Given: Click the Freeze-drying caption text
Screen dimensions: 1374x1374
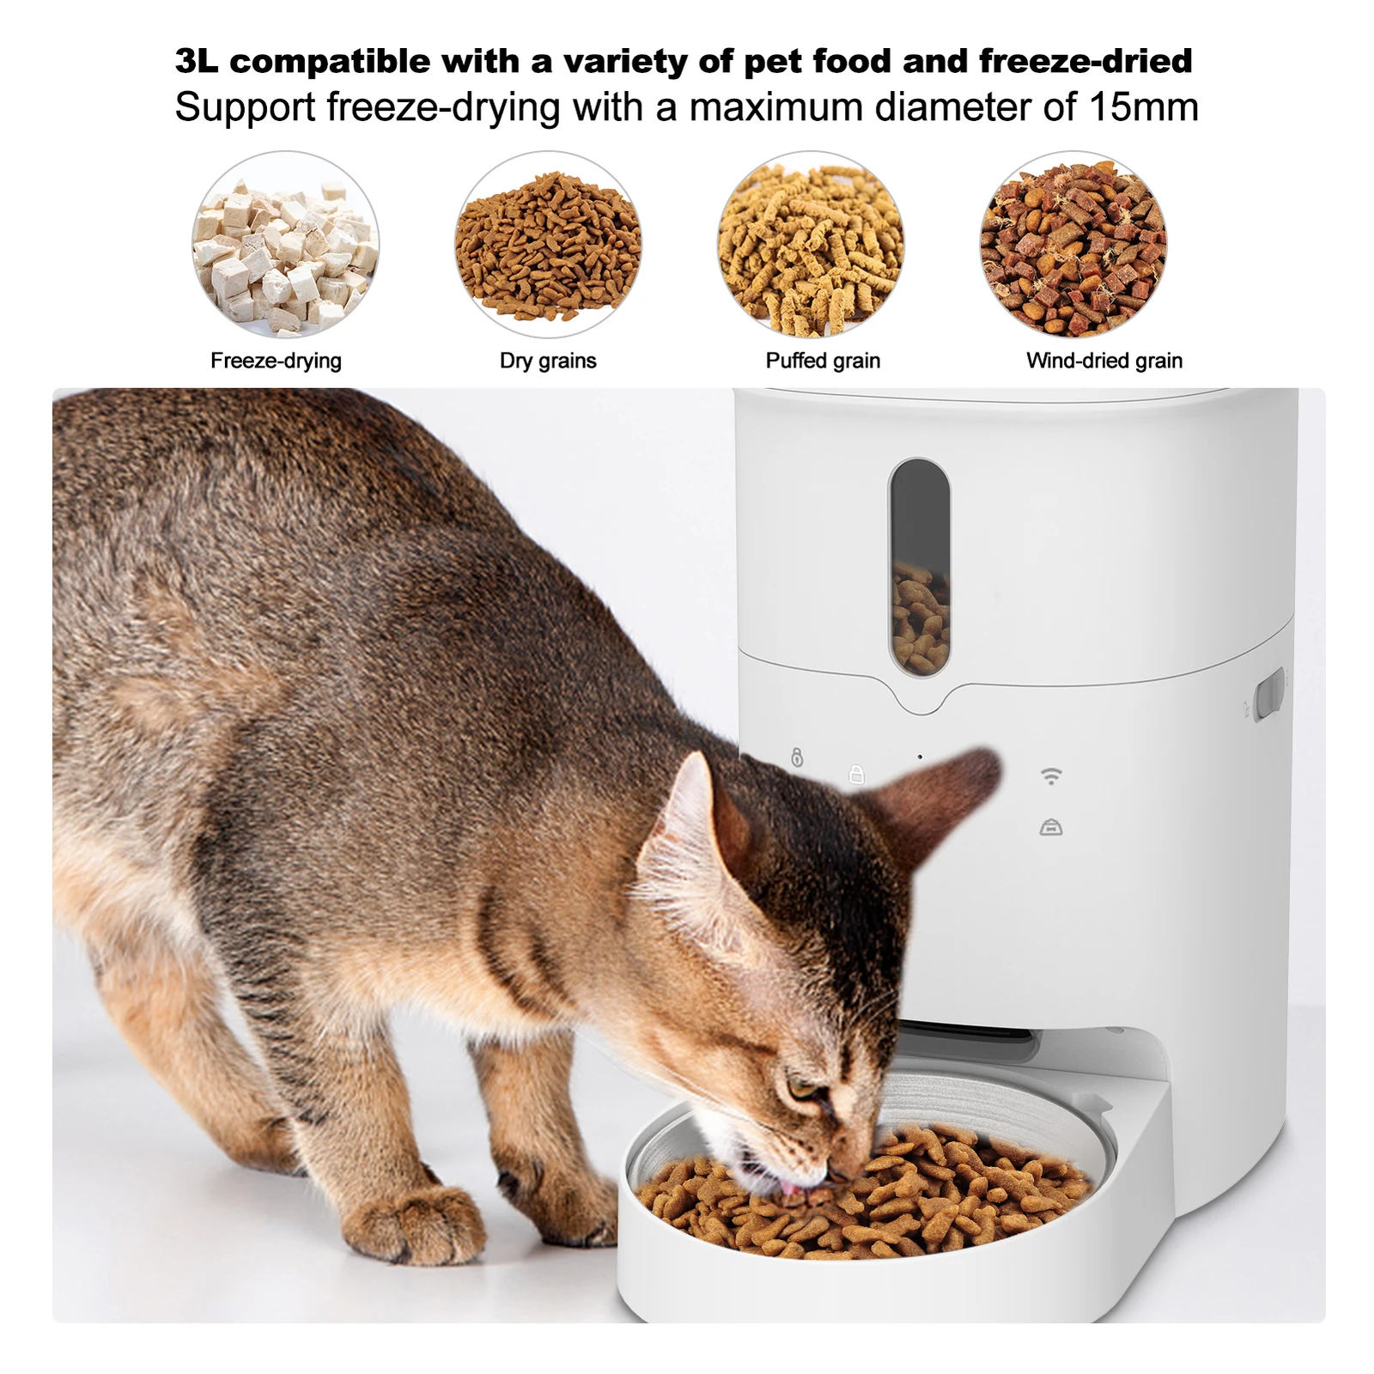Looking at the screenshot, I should (276, 361).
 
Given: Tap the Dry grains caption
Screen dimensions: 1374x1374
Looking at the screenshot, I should (548, 361).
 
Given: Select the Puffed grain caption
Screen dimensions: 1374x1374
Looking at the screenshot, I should (823, 361).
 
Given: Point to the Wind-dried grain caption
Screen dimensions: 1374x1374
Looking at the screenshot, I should (1104, 361).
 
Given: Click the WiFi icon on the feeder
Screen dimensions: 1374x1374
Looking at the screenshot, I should (1051, 776).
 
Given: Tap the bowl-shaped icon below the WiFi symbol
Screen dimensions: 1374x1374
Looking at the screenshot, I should (1051, 828).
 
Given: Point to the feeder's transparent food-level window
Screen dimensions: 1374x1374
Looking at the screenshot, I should (919, 567).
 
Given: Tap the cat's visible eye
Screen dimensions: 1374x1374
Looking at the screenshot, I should (804, 1089).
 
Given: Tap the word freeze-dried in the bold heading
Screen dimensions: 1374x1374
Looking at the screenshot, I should (1085, 62).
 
